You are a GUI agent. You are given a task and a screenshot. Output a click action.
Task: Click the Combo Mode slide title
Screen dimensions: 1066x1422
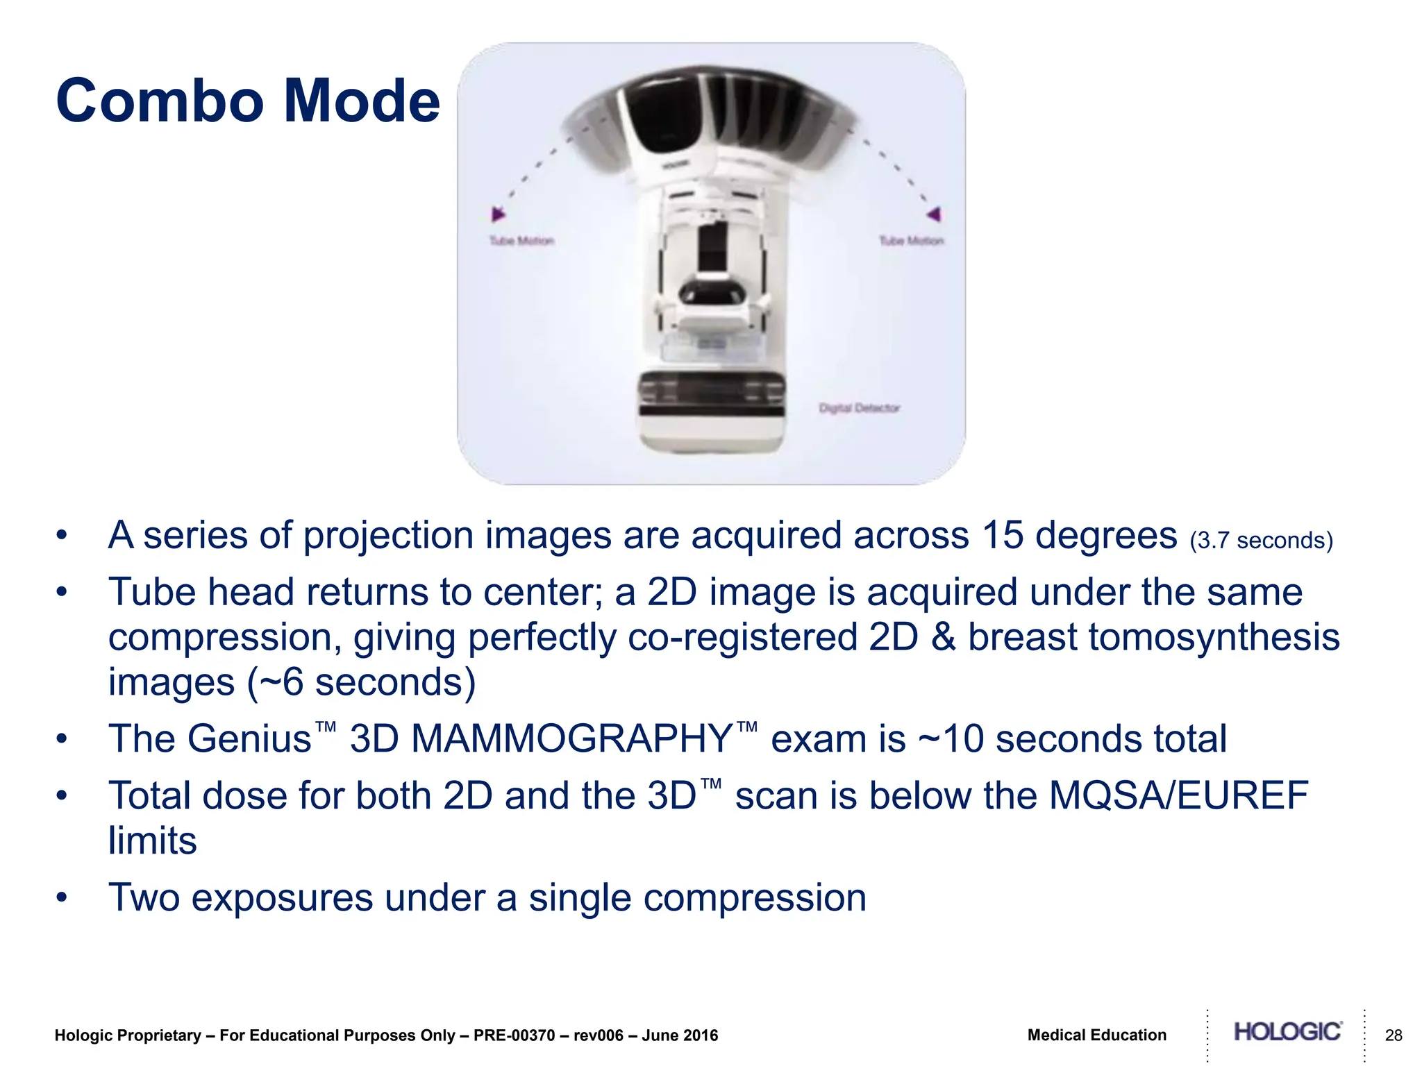point(248,101)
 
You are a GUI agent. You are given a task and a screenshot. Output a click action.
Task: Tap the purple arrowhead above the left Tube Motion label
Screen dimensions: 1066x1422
point(497,214)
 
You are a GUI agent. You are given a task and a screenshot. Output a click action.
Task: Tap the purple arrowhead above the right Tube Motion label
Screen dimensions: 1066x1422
point(934,214)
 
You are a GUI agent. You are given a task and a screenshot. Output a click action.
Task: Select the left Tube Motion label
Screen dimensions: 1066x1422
point(521,241)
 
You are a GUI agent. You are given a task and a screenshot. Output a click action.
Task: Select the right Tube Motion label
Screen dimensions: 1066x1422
point(911,241)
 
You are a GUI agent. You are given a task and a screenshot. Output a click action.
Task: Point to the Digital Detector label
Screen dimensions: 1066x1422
point(859,408)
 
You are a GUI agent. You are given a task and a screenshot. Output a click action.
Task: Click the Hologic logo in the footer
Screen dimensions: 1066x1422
point(1287,1032)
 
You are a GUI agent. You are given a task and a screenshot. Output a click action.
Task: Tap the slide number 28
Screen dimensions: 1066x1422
point(1394,1035)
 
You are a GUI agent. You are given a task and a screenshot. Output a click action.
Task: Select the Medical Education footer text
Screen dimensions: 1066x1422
point(1096,1035)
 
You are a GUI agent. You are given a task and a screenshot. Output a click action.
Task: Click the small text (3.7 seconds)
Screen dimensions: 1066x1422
point(1261,541)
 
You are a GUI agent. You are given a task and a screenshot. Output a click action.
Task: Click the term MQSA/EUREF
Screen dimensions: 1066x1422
point(1178,796)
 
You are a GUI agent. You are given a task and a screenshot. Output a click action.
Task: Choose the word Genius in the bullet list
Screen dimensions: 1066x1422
point(250,739)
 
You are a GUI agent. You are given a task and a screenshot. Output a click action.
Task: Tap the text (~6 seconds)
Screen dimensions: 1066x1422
point(361,682)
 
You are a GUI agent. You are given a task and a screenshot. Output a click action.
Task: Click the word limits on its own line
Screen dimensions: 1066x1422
point(152,841)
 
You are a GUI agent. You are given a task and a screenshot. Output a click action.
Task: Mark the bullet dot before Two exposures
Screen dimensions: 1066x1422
point(62,897)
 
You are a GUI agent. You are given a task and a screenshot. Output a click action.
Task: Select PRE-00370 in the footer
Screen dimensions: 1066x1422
point(514,1035)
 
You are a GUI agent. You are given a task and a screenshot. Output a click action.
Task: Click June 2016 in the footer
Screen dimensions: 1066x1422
point(680,1035)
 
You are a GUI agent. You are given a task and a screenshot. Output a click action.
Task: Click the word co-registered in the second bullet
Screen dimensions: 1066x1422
point(742,637)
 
